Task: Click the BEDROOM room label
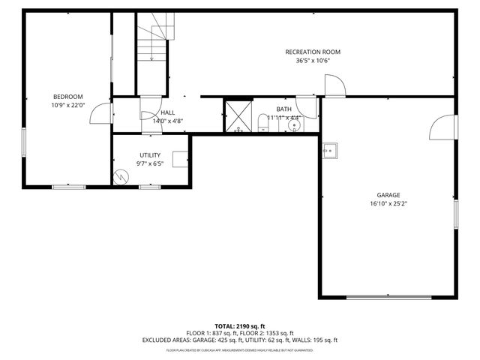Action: pyautogui.click(x=67, y=97)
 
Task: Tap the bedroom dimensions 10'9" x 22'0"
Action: pyautogui.click(x=67, y=106)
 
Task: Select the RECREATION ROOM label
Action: pyautogui.click(x=313, y=52)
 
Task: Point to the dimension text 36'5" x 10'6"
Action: pyautogui.click(x=313, y=61)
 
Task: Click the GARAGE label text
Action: pyautogui.click(x=388, y=195)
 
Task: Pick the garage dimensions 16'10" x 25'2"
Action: pyautogui.click(x=388, y=204)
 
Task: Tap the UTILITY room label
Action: pyautogui.click(x=150, y=154)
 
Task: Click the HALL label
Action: pyautogui.click(x=168, y=112)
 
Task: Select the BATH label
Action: pyautogui.click(x=283, y=109)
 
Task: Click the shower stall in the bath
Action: pyautogui.click(x=239, y=116)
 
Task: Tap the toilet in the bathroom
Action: pyautogui.click(x=263, y=123)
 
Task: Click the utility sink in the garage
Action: pyautogui.click(x=329, y=150)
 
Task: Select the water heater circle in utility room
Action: pyautogui.click(x=121, y=177)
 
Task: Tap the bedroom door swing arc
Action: pyautogui.click(x=99, y=113)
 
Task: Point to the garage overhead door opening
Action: pyautogui.click(x=388, y=298)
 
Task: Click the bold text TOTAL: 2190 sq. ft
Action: pyautogui.click(x=239, y=326)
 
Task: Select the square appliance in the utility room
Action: pyautogui.click(x=180, y=159)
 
